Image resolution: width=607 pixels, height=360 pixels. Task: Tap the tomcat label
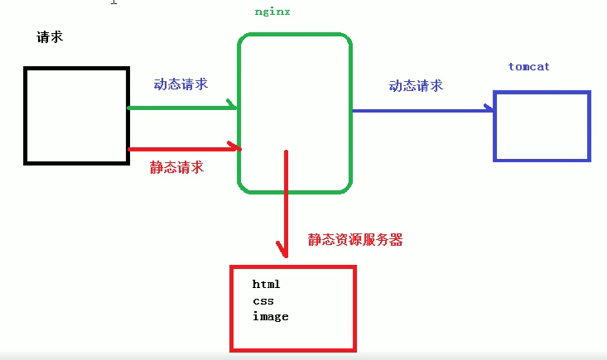pyautogui.click(x=529, y=66)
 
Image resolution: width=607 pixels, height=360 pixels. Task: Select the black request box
pyautogui.click(x=77, y=115)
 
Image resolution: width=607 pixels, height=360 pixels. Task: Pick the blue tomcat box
pyautogui.click(x=542, y=126)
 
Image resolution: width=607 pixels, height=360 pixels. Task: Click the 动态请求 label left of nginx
pyautogui.click(x=181, y=84)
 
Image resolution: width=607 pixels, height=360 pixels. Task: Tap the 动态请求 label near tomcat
pyautogui.click(x=416, y=85)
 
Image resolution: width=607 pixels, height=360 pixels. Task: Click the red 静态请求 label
pyautogui.click(x=176, y=166)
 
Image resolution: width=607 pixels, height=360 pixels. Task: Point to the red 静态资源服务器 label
pyautogui.click(x=355, y=240)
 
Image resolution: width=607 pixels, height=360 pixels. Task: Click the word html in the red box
pyautogui.click(x=267, y=285)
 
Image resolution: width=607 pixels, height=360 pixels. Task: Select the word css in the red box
pyautogui.click(x=263, y=300)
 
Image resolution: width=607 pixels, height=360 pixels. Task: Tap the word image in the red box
pyautogui.click(x=271, y=316)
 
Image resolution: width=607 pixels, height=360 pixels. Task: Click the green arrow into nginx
pyautogui.click(x=182, y=107)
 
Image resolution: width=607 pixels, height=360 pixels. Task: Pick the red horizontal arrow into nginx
pyautogui.click(x=182, y=149)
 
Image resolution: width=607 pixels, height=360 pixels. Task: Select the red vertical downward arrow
pyautogui.click(x=286, y=199)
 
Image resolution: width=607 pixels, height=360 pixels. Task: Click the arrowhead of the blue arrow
pyautogui.click(x=486, y=109)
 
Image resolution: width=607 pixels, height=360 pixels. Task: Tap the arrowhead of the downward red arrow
pyautogui.click(x=283, y=248)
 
